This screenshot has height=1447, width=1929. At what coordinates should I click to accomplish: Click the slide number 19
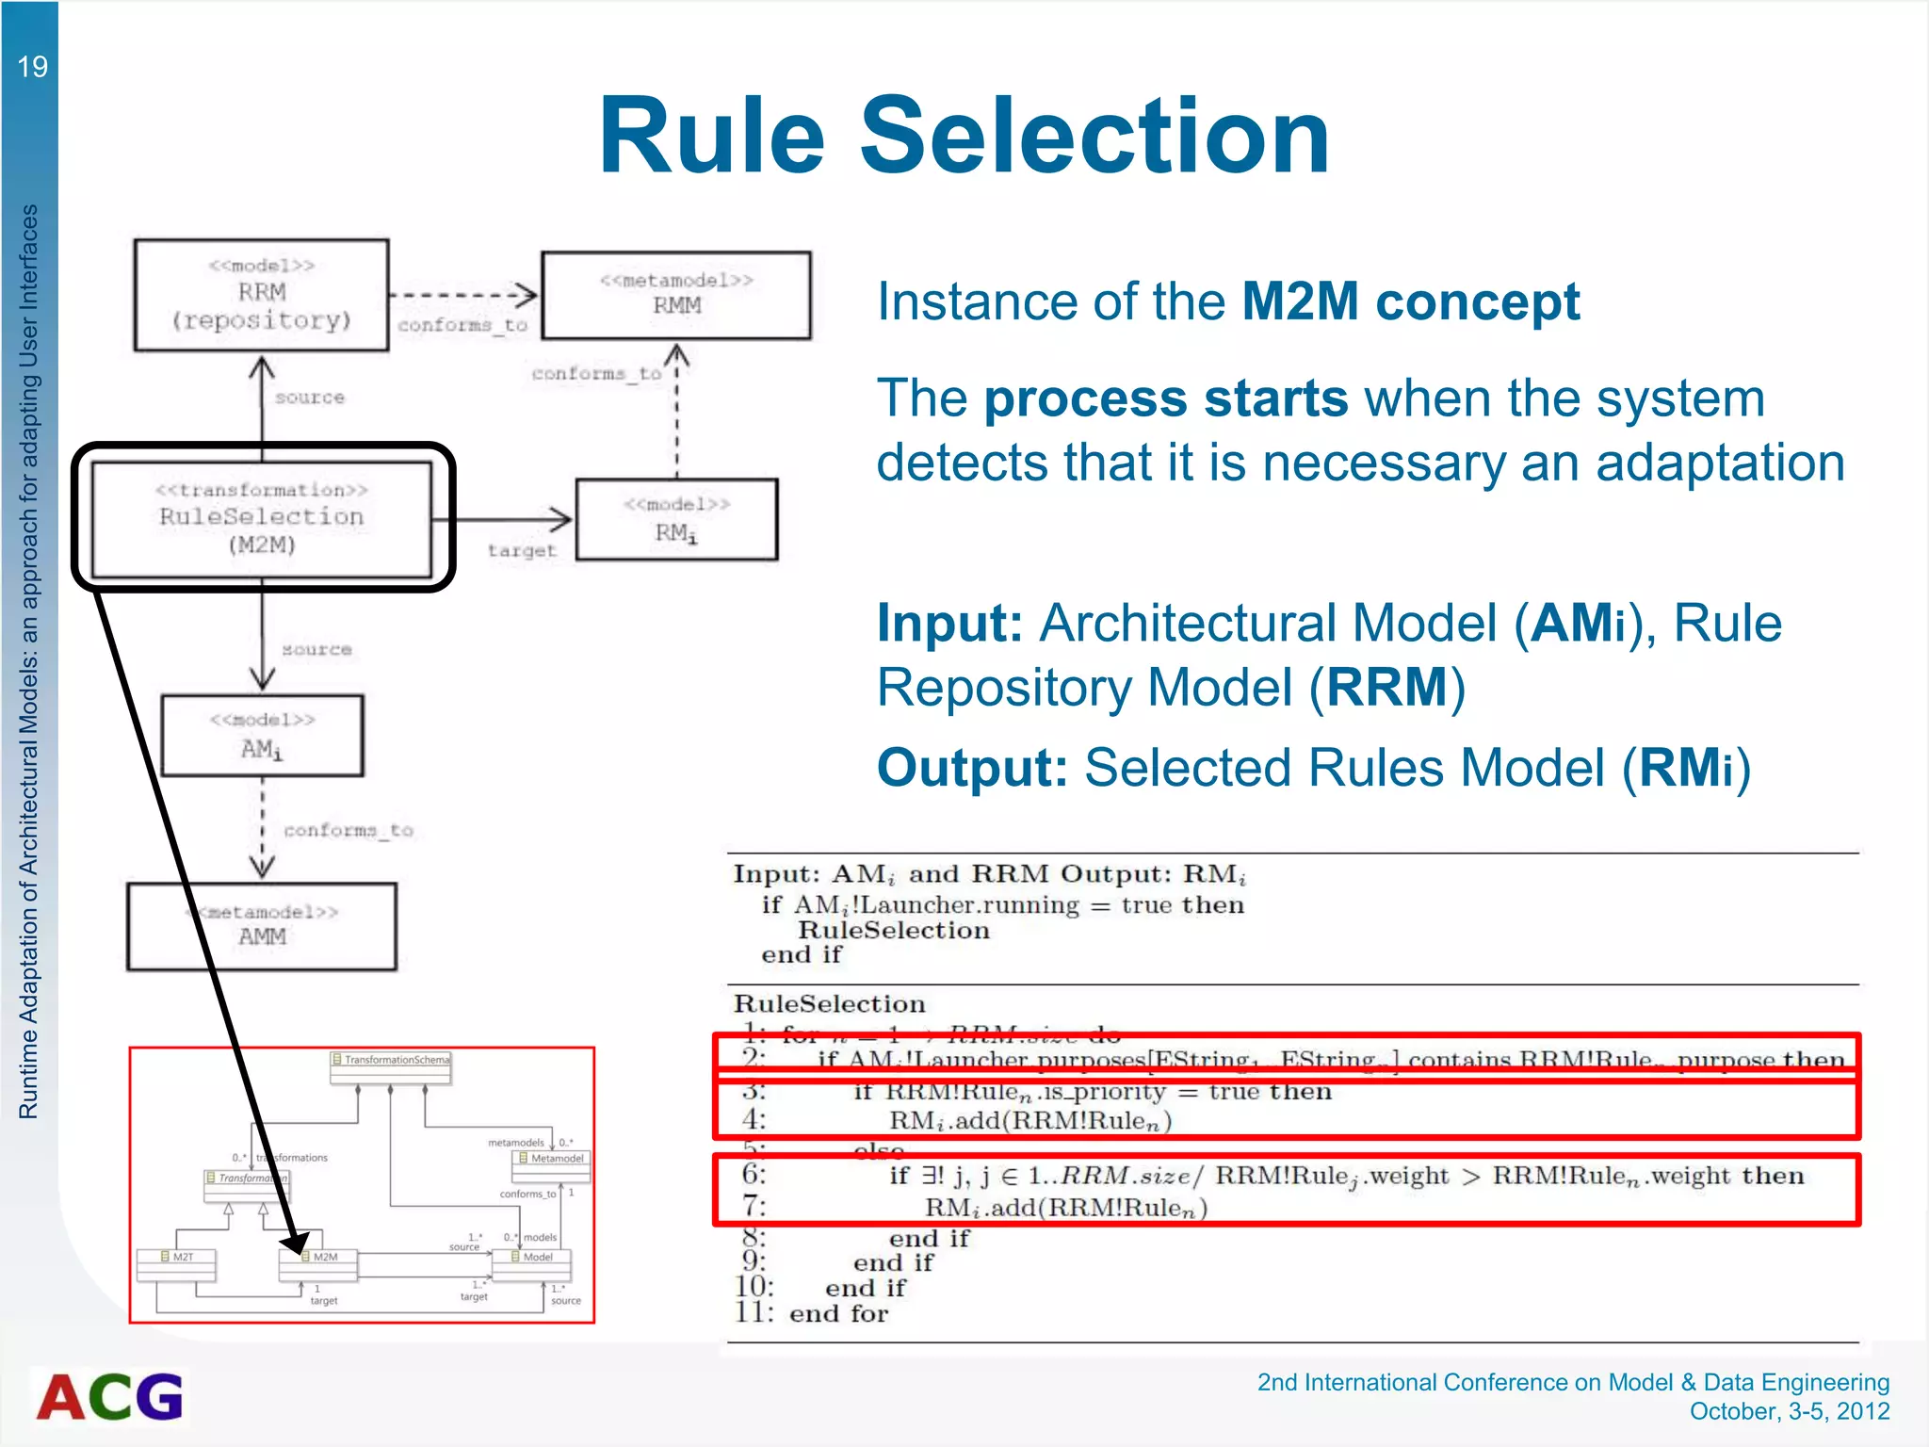click(x=32, y=67)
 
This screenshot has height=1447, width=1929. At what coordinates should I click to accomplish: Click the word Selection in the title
click(x=1094, y=137)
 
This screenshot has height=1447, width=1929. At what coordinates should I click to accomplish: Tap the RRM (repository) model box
click(x=262, y=295)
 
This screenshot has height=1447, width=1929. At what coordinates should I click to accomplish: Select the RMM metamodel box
click(x=676, y=295)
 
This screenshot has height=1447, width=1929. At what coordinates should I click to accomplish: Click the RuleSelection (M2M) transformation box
click(x=262, y=518)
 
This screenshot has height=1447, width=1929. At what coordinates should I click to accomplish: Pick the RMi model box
click(x=676, y=520)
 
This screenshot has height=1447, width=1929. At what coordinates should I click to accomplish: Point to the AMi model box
click(x=262, y=736)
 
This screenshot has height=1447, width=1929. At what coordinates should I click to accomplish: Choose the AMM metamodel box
click(x=262, y=926)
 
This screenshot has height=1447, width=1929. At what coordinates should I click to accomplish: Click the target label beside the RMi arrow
click(x=522, y=551)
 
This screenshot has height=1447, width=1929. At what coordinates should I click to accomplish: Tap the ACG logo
click(x=110, y=1396)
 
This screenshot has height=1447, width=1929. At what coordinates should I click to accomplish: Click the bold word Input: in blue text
click(x=949, y=624)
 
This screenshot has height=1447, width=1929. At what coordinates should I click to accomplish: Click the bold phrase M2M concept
click(x=1410, y=302)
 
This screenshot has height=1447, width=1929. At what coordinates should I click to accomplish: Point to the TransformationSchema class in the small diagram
click(x=391, y=1061)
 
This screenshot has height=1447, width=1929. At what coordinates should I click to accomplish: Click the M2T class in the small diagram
click(x=177, y=1258)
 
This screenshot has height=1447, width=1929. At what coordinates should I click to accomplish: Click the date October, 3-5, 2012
click(x=1789, y=1411)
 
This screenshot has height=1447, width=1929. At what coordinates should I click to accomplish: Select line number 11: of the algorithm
click(x=754, y=1312)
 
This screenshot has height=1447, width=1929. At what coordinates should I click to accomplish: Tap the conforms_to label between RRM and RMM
click(x=462, y=325)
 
